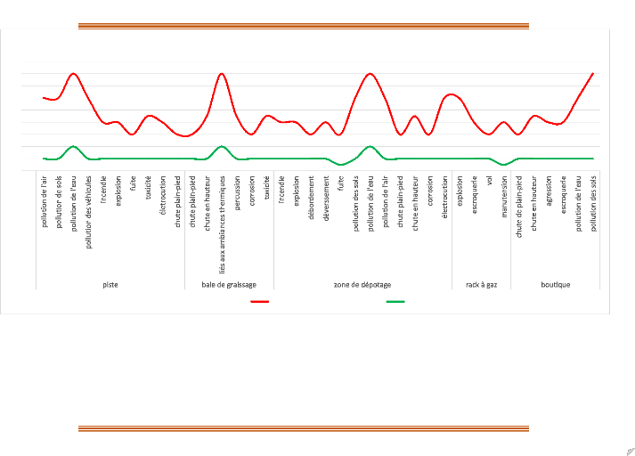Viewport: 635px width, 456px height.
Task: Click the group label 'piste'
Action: (x=110, y=285)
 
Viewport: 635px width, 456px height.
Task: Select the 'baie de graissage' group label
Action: (x=230, y=285)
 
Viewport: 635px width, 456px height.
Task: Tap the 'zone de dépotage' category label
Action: (x=363, y=285)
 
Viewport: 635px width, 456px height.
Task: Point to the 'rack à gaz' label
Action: (x=482, y=285)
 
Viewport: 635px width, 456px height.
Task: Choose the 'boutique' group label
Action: (x=556, y=285)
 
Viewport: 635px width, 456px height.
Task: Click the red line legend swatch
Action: (x=260, y=302)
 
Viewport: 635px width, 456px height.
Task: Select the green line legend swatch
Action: (x=395, y=302)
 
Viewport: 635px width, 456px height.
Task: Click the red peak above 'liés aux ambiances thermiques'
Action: (x=222, y=73)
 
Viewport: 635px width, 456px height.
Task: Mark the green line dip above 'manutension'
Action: (x=504, y=165)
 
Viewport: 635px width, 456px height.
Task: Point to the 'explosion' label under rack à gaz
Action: (x=460, y=191)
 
